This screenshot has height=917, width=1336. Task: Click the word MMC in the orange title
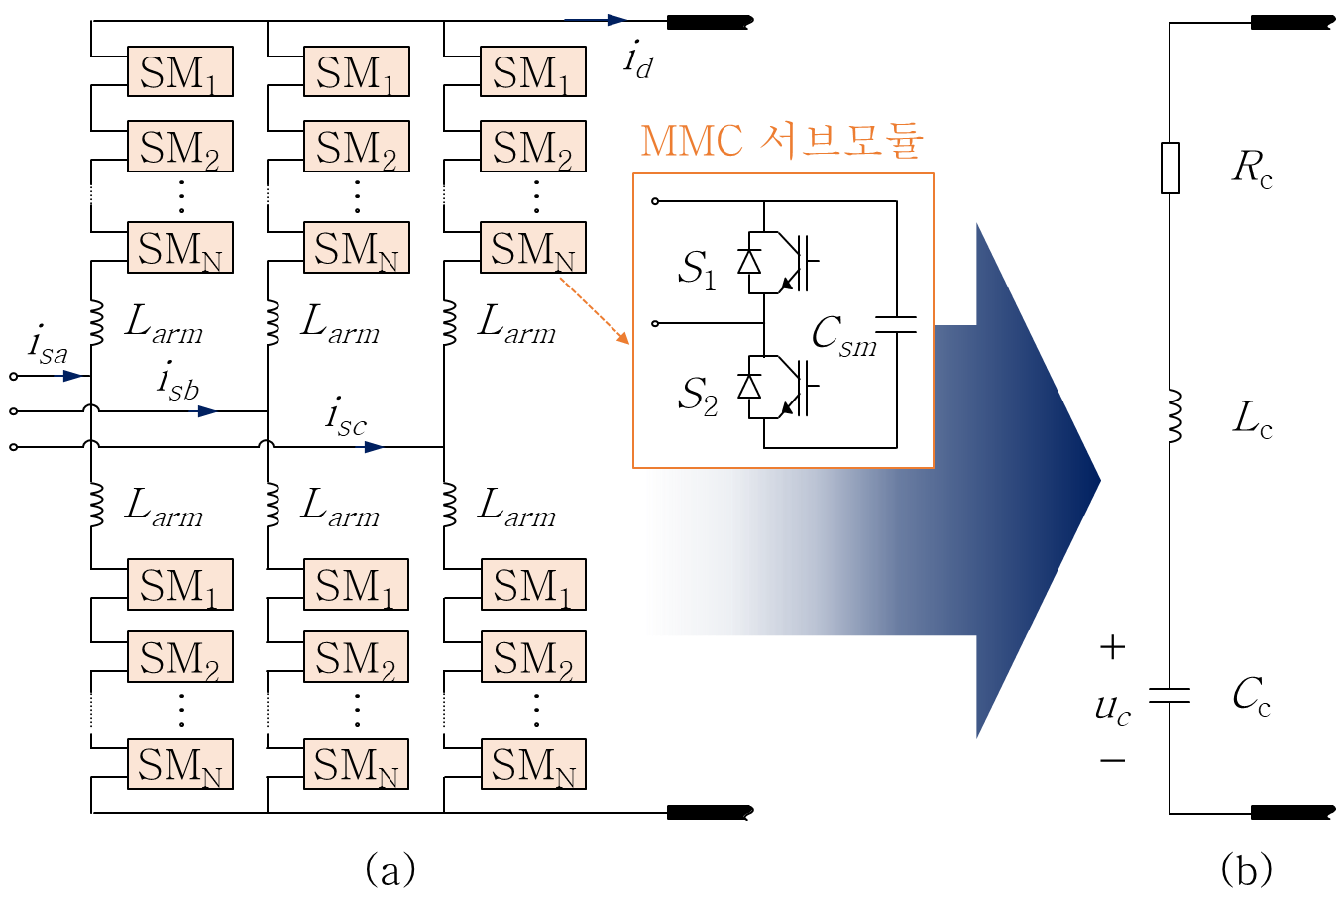coord(692,141)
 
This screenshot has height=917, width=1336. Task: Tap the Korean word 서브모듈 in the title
coord(841,141)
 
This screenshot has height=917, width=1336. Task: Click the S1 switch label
coord(697,269)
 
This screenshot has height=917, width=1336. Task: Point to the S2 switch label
coord(697,395)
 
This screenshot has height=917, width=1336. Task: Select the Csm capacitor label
coord(842,335)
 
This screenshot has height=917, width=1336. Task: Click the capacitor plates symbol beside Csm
coord(896,324)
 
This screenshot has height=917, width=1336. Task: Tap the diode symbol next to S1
coord(749,262)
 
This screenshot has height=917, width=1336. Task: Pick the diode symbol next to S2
coord(749,386)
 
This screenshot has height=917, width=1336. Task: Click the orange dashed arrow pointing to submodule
coord(595,311)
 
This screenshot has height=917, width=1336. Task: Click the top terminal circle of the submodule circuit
coord(655,201)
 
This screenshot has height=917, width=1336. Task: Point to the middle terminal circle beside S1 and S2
coord(655,323)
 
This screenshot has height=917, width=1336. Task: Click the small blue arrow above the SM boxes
coord(596,20)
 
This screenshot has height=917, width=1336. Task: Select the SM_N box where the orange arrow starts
coord(533,248)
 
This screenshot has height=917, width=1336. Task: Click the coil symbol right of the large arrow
coord(1173,415)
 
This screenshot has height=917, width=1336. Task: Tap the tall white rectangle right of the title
coord(1170,168)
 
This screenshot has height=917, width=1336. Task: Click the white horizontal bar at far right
coord(1169,696)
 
